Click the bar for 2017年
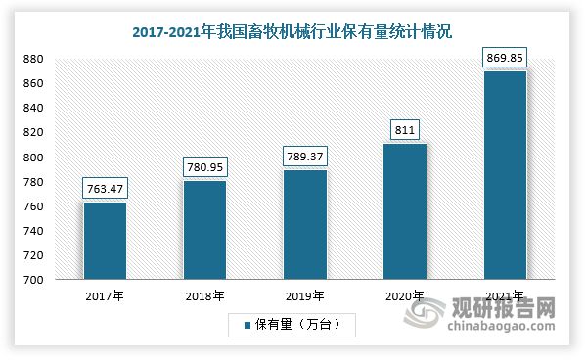[x=105, y=241]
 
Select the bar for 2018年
[x=204, y=230]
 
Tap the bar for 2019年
[x=305, y=225]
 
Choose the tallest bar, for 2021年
[x=505, y=175]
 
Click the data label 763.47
[x=105, y=188]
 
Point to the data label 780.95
[x=204, y=166]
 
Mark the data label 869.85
[x=505, y=58]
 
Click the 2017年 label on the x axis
[x=105, y=294]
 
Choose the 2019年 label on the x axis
[x=305, y=294]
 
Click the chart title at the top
[x=292, y=31]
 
